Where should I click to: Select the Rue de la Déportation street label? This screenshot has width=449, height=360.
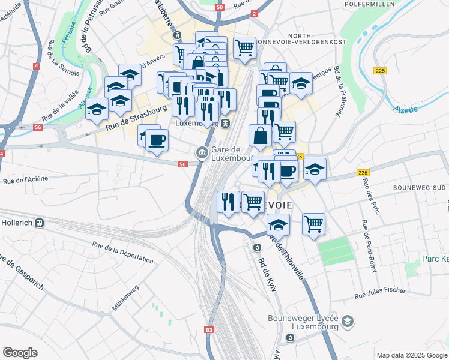122,251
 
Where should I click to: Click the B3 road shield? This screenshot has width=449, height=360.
209,330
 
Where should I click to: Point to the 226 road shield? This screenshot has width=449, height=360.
362,173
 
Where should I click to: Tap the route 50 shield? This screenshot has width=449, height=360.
220,7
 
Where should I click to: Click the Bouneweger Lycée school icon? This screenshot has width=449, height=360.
347,323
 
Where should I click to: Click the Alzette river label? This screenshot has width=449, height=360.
406,109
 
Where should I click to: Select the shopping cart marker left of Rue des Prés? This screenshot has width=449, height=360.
313,224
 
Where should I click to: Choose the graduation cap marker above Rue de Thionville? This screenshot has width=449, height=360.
277,225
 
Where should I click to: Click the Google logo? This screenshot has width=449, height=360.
20,353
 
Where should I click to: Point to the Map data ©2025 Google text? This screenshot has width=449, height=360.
411,355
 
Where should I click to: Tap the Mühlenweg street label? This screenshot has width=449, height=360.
125,298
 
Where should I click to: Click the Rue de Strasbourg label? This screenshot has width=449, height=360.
136,118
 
